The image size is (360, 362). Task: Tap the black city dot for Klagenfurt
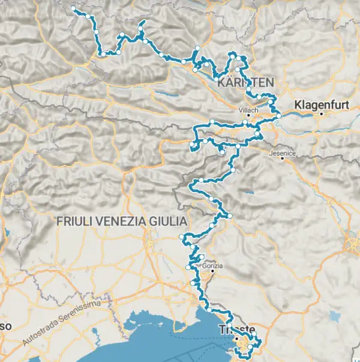[x=322, y=113]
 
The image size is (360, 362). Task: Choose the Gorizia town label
[x=213, y=265]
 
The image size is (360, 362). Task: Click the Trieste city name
[x=238, y=330]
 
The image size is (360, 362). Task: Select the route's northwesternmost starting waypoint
[x=73, y=8]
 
